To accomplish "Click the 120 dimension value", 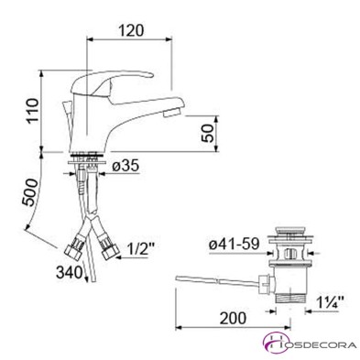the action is pos(130,30).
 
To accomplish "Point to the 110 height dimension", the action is pos(32,111).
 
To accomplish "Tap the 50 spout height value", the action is pos(208,134).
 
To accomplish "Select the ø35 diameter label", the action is pos(125,167).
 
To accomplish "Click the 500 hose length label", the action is pos(30,193).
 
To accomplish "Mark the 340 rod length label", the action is pos(70,272).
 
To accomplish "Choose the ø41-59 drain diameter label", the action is pos(235,245).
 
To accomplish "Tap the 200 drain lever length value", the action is pos(233,318).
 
